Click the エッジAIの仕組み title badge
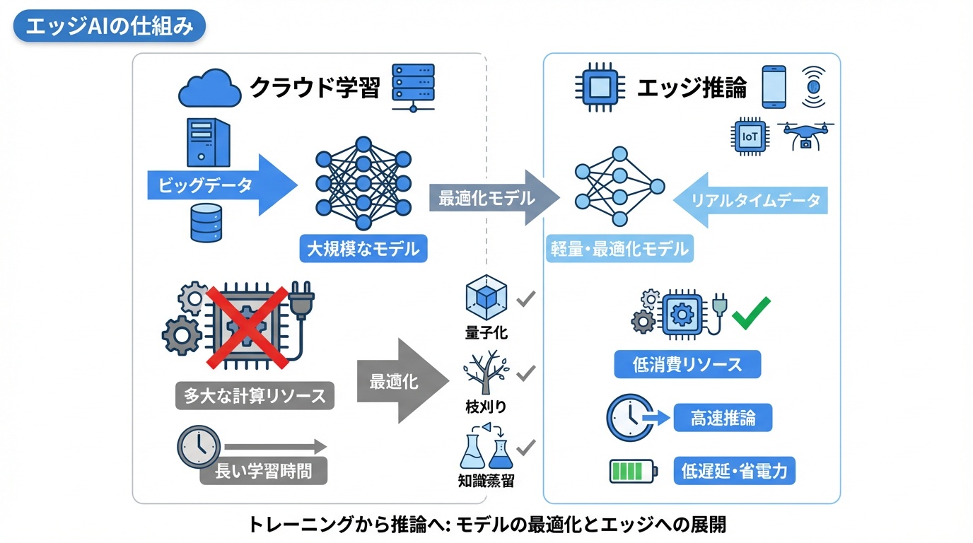tap(109, 27)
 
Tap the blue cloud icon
tap(209, 88)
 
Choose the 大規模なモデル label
tap(363, 249)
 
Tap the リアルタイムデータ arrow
tap(750, 200)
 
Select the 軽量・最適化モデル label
tap(619, 249)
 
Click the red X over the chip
tap(247, 327)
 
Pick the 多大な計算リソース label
tap(255, 395)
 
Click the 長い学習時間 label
tap(263, 470)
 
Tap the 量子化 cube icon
tap(486, 299)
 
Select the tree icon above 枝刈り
tap(486, 372)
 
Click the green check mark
tap(751, 313)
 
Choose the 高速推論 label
tap(722, 418)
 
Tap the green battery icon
tap(633, 470)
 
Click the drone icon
tap(805, 134)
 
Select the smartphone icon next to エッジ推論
tap(774, 87)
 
